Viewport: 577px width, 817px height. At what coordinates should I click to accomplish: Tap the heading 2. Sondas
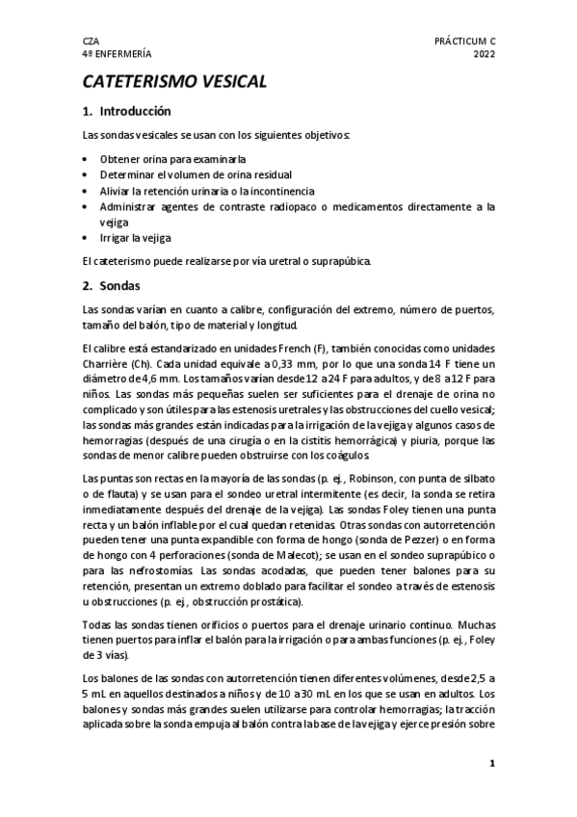(x=112, y=286)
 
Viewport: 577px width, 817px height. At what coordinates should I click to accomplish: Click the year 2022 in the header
(x=484, y=56)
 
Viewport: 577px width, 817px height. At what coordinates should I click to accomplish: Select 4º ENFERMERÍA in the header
(x=117, y=56)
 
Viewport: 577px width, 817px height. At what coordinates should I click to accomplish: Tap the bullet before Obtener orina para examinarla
(x=87, y=158)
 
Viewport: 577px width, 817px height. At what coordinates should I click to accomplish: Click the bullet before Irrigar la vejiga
(x=87, y=236)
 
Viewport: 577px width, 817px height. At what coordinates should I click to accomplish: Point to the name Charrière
(x=106, y=363)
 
